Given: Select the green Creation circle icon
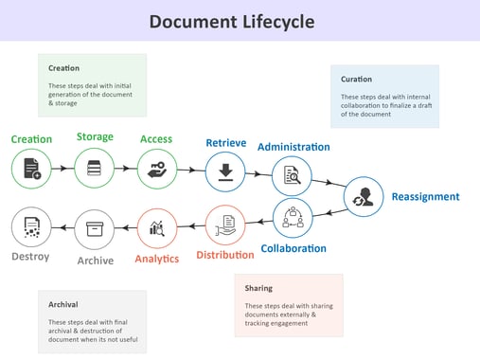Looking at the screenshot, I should [x=31, y=169].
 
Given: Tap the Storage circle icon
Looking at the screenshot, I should [x=94, y=169].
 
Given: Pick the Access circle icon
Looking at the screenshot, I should [x=156, y=169].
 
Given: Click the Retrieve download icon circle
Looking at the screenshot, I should [x=225, y=171].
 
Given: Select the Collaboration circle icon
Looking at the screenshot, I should [x=293, y=218].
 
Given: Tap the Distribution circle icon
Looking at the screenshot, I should [x=225, y=226].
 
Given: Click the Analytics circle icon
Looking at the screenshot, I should [x=157, y=228].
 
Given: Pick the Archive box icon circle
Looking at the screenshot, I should [x=94, y=228].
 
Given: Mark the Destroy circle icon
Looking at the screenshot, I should [x=30, y=228].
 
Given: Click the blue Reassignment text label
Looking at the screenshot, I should [x=425, y=197].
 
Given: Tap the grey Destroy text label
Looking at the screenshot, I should [x=30, y=257].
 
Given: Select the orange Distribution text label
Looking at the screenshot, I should [x=225, y=255].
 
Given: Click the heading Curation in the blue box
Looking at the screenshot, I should [x=356, y=79].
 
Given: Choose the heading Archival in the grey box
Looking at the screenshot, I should [x=63, y=304].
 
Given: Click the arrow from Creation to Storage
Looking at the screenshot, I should [x=62, y=169].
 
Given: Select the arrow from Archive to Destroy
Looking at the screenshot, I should [x=62, y=228].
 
